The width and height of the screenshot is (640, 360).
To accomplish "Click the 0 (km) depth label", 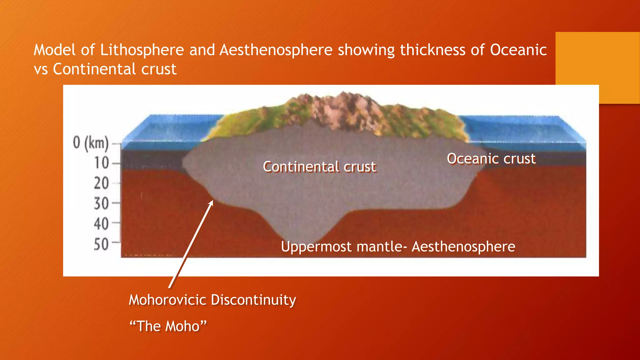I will coord(91,143).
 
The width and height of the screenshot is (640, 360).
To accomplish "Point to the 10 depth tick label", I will coord(102,163).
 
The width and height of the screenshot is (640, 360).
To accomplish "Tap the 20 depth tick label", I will coord(102,183).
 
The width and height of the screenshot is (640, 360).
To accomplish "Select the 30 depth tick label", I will coord(102,204).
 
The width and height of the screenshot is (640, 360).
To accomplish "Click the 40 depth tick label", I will coord(102,224).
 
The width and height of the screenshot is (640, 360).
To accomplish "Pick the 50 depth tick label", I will coord(102,244).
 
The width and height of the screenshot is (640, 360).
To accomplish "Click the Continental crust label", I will coord(319,167).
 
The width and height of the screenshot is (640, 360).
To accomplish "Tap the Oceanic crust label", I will coord(491,159).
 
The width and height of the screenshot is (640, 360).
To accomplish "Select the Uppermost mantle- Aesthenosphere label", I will coord(398,247).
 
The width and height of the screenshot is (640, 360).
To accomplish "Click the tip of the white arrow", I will coord(212,201).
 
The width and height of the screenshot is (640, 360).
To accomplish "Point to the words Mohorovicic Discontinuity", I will coord(212,300).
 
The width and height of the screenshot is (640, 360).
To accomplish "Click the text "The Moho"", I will coord(168,326).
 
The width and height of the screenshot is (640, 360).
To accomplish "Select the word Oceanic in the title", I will coord(518,50).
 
